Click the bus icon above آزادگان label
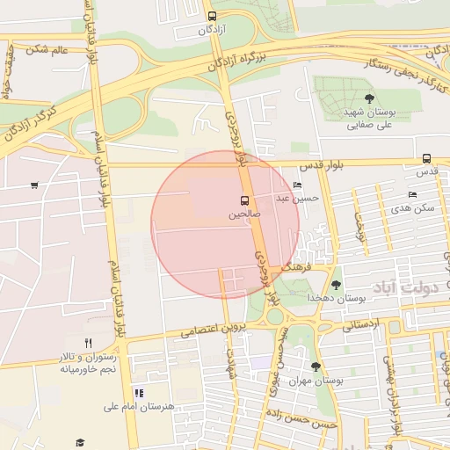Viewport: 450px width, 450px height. (211, 16)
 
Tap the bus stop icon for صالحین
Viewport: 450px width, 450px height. (245, 200)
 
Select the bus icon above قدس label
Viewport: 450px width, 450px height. (426, 159)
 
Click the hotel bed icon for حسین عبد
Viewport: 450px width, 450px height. (297, 185)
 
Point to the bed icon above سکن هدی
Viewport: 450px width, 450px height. (412, 195)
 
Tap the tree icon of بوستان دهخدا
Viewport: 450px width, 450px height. (336, 284)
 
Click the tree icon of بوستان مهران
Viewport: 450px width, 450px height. (316, 367)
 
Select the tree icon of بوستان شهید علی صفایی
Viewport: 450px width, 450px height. (368, 98)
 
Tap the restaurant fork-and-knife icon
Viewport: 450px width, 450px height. (88, 342)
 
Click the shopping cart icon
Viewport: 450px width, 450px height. (34, 185)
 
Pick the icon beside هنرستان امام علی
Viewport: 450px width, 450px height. (138, 393)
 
